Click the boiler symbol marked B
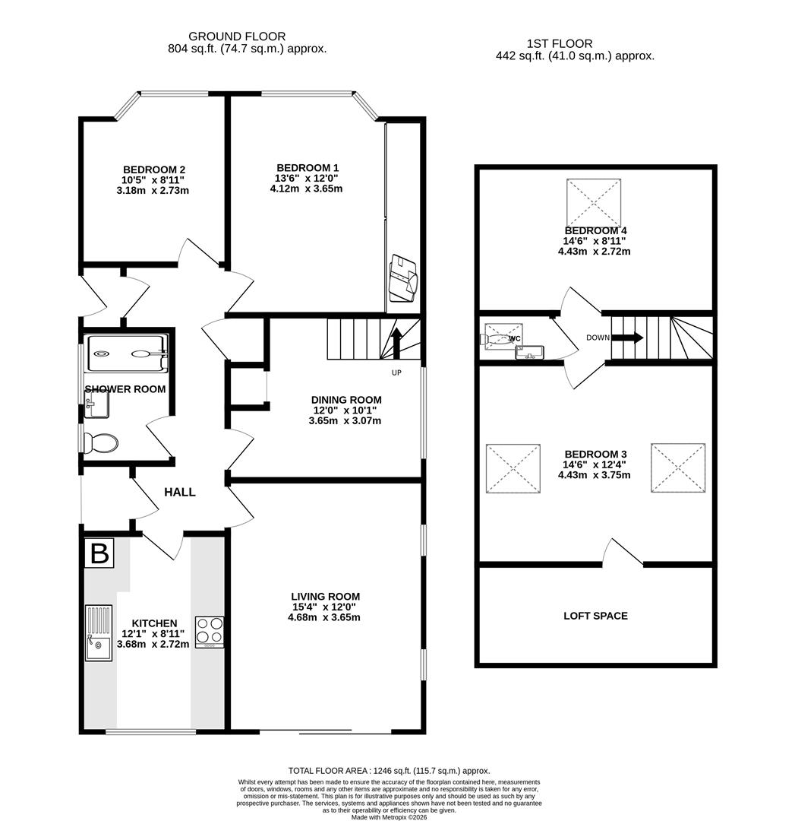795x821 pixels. click(x=99, y=553)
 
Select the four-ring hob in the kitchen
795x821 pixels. click(x=210, y=631)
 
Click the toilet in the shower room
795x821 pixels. click(x=100, y=442)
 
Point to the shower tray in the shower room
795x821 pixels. click(x=126, y=353)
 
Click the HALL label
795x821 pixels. click(x=180, y=492)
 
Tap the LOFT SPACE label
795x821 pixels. click(x=595, y=616)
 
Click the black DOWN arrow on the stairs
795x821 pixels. click(x=627, y=338)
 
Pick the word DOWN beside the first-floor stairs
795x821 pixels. click(x=598, y=338)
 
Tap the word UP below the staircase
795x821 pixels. click(x=396, y=372)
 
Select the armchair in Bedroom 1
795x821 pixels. click(x=402, y=277)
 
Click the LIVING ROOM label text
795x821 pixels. click(x=325, y=597)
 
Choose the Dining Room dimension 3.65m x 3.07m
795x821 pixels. click(x=345, y=420)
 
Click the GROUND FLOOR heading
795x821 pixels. click(x=237, y=36)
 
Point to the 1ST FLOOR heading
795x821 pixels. click(x=559, y=44)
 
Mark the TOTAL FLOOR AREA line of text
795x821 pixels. click(x=389, y=770)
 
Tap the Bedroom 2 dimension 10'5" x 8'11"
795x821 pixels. click(x=154, y=180)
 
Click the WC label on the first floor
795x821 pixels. click(x=514, y=338)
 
